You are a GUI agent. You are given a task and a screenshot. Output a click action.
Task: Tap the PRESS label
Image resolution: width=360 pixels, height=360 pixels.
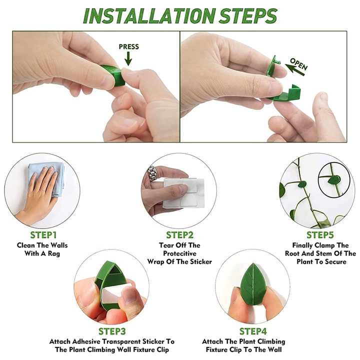click(x=128, y=47)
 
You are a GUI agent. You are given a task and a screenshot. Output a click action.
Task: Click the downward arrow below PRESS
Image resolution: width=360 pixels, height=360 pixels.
click(x=128, y=59)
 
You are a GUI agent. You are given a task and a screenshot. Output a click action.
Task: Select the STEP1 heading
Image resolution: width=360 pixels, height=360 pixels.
click(x=43, y=235)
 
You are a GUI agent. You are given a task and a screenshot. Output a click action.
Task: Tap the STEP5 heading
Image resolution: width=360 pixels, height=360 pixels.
click(x=320, y=235)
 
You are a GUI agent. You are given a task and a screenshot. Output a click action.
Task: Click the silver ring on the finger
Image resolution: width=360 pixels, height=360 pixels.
click(x=152, y=173)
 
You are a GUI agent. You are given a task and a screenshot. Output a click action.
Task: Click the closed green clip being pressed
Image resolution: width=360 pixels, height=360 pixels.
click(x=113, y=75)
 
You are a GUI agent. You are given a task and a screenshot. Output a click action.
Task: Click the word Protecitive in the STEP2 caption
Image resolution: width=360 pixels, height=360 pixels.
click(x=179, y=253)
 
